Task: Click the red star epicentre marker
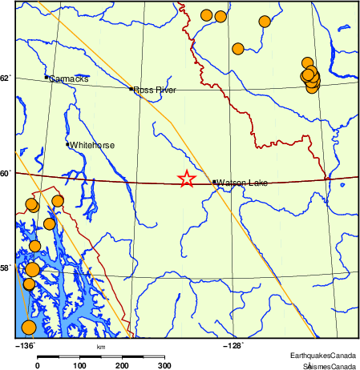pyautogui.click(x=186, y=179)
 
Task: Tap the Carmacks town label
pyautogui.click(x=69, y=79)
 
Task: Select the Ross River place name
pyautogui.click(x=155, y=90)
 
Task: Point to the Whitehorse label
pyautogui.click(x=92, y=146)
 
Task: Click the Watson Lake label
pyautogui.click(x=242, y=183)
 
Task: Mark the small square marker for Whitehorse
pyautogui.click(x=67, y=144)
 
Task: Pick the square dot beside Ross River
pyautogui.click(x=131, y=89)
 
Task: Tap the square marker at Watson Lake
pyautogui.click(x=214, y=182)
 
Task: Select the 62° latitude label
pyautogui.click(x=6, y=78)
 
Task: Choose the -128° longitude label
pyautogui.click(x=232, y=346)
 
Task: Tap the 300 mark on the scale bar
pyautogui.click(x=164, y=365)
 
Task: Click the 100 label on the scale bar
pyautogui.click(x=79, y=365)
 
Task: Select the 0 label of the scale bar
pyautogui.click(x=38, y=365)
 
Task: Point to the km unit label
pyautogui.click(x=101, y=347)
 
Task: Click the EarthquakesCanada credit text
pyautogui.click(x=323, y=355)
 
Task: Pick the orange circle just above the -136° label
pyautogui.click(x=28, y=327)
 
